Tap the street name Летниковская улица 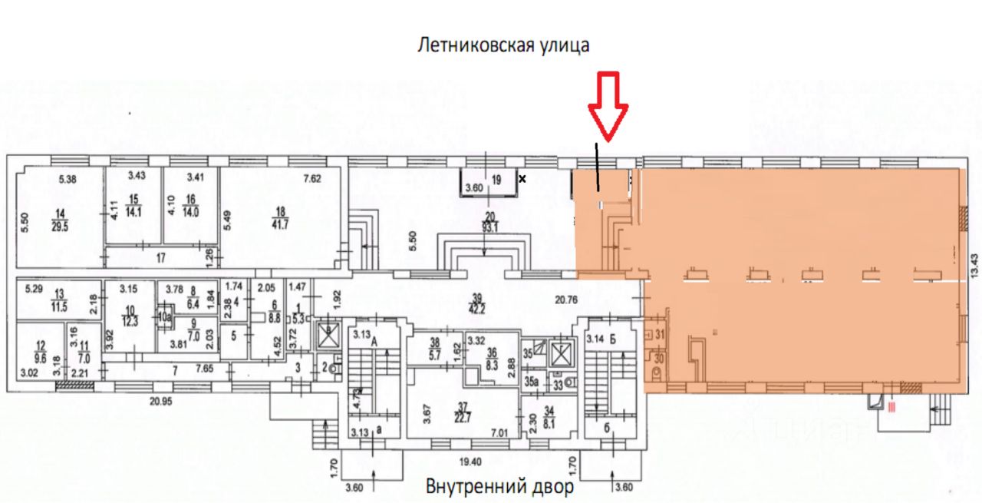503,45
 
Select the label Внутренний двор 499,487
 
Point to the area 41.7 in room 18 283,225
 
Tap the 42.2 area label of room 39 479,311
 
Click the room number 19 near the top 496,180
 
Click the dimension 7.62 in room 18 311,179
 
